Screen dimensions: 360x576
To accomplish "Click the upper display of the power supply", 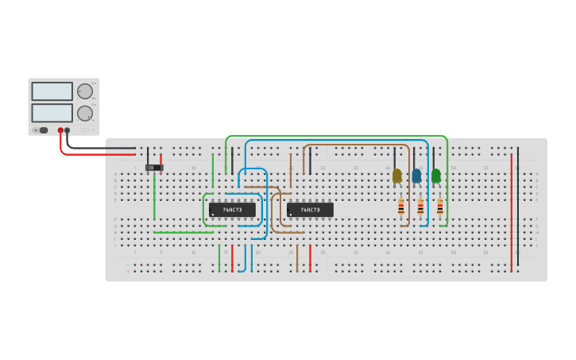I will coord(52,91).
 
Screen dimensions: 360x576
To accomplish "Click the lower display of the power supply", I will coord(52,112).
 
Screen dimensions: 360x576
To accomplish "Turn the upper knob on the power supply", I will coord(84,91).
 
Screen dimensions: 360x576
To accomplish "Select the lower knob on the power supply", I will coord(84,113).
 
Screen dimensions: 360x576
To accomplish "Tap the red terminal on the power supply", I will coord(60,130).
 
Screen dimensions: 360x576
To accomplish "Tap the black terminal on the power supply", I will coord(68,130).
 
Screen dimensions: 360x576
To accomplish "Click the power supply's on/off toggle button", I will coord(43,130).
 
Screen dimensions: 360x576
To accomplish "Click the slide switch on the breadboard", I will coord(154,168).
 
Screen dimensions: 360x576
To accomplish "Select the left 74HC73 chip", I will coord(232,210).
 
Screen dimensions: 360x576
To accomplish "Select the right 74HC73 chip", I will coord(310,210).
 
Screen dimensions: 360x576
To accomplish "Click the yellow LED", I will coord(397,176).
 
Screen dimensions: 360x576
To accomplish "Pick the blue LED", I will coord(416,176).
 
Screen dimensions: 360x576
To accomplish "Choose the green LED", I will coord(435,176).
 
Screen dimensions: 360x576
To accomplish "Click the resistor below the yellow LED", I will coord(400,207).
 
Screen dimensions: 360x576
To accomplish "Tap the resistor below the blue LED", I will coord(420,207).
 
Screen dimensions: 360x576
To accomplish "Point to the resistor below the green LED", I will coord(439,207).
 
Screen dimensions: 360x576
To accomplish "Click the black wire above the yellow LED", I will coord(394,157).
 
